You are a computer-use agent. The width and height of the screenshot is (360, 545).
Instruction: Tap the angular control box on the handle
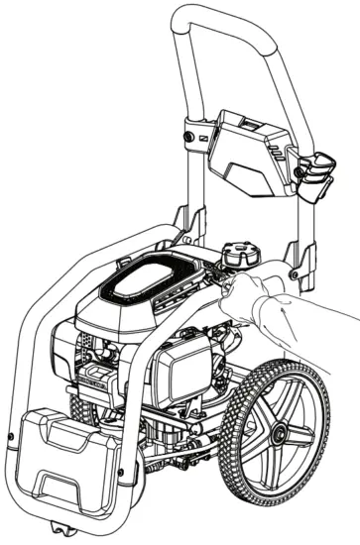[x=247, y=149]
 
